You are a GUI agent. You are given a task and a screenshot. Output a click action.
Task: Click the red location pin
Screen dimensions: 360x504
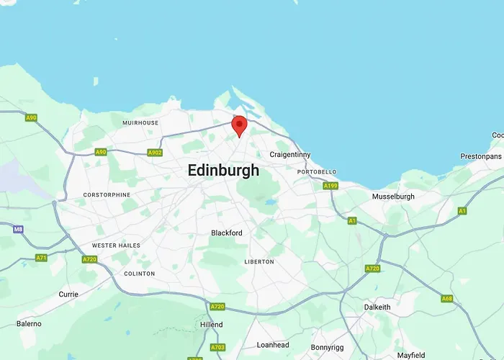pos(239,125)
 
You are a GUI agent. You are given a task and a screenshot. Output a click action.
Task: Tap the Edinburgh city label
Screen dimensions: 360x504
pos(222,171)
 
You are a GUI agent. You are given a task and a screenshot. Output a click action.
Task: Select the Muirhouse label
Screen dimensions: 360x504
pos(140,123)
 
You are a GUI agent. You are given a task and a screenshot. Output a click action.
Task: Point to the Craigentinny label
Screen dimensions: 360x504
pos(289,155)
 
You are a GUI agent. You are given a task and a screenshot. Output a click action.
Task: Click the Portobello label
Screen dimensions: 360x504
pos(316,172)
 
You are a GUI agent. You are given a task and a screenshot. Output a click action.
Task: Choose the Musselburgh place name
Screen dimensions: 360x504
pos(393,197)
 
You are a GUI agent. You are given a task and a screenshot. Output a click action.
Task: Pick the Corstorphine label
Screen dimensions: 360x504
pos(107,195)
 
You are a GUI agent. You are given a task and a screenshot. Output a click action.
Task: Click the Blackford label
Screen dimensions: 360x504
pos(227,233)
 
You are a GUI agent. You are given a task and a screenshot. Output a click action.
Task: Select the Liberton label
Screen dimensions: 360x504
pos(258,261)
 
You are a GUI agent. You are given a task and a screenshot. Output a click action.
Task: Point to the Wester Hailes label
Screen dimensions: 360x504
pos(116,246)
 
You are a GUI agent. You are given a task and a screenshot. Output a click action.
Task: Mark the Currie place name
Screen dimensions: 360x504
pos(68,294)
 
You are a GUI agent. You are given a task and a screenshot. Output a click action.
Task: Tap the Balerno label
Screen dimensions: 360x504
pos(30,324)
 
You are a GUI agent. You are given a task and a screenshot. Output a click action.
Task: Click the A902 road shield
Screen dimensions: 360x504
pos(154,153)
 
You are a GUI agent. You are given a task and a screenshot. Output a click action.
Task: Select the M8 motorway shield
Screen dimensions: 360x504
pos(18,229)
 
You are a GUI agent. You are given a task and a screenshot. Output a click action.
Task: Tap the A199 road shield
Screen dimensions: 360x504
pos(330,186)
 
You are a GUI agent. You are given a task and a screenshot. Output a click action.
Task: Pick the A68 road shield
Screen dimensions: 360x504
pos(447,298)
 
